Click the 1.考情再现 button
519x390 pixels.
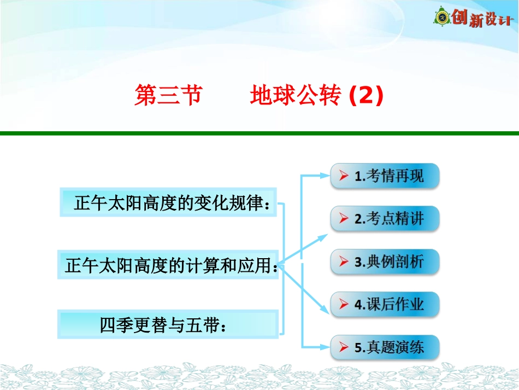385,176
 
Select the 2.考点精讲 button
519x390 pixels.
385,219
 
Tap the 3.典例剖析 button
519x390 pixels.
385,261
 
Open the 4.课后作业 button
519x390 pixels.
385,304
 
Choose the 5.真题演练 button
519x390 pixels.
385,347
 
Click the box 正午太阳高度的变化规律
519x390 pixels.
168,203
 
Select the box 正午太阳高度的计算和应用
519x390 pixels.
168,265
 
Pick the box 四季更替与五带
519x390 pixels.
168,324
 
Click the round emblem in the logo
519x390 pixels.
441,18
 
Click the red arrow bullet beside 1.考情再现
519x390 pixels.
343,176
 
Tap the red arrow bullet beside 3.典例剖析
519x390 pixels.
343,261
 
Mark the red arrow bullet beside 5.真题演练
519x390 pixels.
343,347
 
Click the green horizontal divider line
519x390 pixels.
259,133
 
